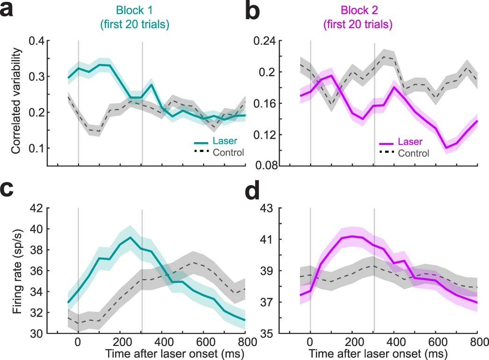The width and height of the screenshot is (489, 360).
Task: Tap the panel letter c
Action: pos(10,192)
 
